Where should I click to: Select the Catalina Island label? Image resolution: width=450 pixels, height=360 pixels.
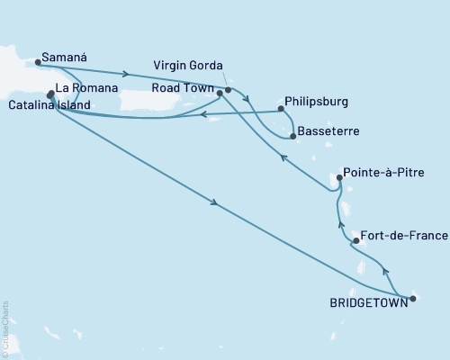[50, 105]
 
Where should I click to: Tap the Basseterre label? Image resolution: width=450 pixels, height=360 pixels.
[330, 131]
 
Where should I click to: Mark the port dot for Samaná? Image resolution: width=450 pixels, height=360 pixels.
[38, 62]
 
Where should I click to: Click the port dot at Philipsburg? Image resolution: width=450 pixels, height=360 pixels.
[282, 110]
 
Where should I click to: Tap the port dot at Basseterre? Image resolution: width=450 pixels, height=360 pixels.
[293, 136]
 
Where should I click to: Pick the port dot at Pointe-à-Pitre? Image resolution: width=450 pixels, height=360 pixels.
[339, 178]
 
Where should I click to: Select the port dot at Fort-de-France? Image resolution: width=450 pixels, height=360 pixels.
[357, 240]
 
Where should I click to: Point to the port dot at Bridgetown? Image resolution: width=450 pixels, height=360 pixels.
[412, 298]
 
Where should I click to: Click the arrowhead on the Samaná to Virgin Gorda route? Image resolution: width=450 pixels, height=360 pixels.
[130, 74]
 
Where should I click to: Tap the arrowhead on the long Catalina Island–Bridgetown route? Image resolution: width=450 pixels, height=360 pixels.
[215, 204]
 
